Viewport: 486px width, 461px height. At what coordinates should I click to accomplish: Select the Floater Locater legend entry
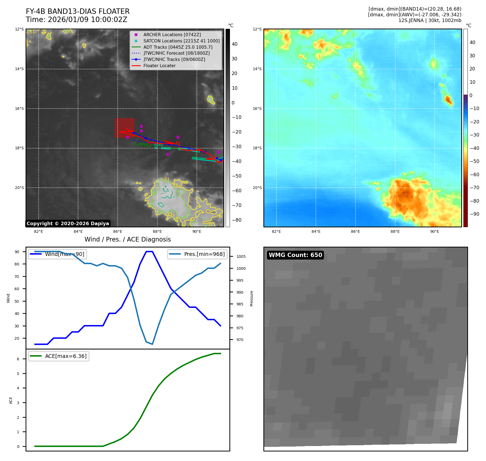[159, 66]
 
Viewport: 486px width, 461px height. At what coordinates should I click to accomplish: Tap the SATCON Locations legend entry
[181, 41]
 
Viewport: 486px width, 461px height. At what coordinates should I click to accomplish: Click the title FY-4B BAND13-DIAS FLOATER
[77, 11]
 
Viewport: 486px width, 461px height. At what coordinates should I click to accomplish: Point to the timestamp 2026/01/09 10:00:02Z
[87, 20]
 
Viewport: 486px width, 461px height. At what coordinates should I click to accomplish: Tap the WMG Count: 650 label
[295, 255]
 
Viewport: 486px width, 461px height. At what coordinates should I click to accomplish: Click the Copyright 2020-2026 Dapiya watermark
[68, 224]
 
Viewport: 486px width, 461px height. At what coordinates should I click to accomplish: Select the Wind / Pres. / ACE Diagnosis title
[127, 239]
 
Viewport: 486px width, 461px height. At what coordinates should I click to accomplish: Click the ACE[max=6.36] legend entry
[66, 356]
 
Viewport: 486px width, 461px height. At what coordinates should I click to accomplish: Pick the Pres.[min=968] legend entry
[204, 254]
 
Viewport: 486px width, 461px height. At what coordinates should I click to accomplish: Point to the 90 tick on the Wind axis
[17, 252]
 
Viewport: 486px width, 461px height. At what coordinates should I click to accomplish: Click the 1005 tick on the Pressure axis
[241, 256]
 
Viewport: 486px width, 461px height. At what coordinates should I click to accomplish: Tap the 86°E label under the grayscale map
[117, 232]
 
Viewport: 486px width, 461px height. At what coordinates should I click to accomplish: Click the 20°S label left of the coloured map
[257, 188]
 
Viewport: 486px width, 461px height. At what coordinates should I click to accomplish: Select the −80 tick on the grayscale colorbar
[236, 220]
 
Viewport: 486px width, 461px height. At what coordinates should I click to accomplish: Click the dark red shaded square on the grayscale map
[124, 128]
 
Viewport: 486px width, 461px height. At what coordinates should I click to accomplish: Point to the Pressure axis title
[251, 298]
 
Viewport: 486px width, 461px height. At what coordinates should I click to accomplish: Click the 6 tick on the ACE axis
[18, 359]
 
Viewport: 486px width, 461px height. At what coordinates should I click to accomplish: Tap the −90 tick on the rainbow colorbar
[474, 214]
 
